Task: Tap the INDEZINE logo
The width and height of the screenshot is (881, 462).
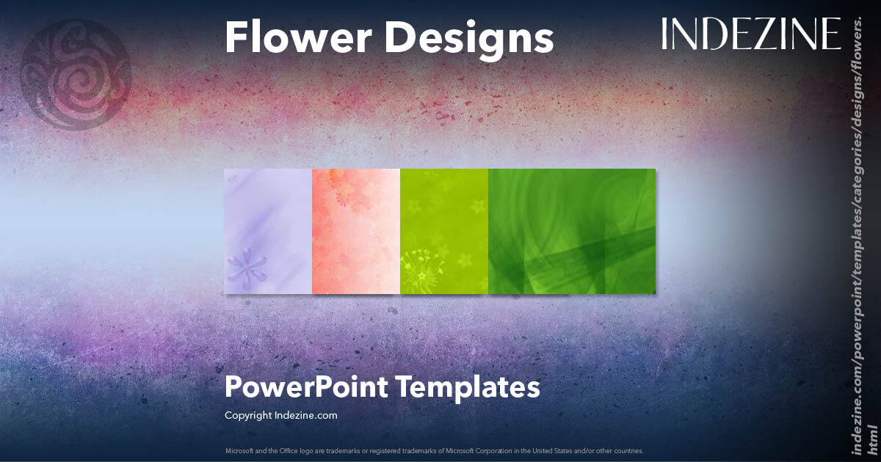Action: click(x=750, y=34)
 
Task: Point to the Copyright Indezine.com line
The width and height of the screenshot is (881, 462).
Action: click(x=280, y=415)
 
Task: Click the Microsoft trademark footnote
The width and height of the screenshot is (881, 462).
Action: click(x=434, y=450)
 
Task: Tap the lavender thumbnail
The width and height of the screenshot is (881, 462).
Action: click(x=268, y=231)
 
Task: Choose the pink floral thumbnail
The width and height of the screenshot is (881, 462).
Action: click(x=356, y=231)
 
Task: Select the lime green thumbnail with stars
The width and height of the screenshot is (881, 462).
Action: click(x=444, y=231)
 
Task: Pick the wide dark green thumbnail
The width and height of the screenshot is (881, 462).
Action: click(x=572, y=231)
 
